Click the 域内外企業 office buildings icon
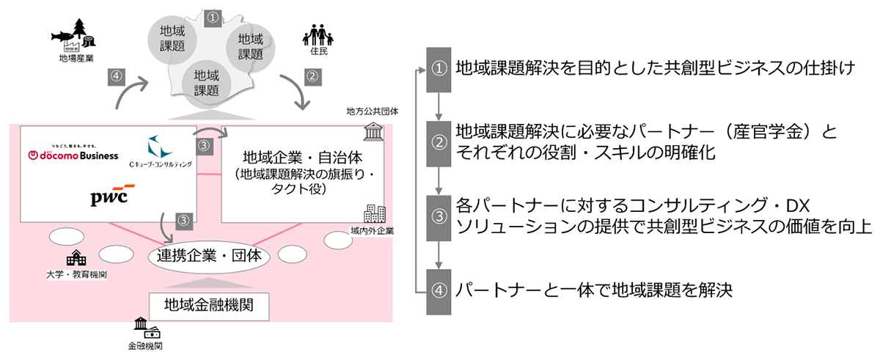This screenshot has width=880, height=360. click(x=373, y=214)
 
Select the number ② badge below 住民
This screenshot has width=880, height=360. click(x=312, y=76)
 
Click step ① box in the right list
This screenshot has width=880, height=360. click(x=439, y=70)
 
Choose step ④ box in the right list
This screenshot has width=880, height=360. click(x=439, y=289)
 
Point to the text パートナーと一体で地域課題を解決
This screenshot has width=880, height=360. click(x=594, y=289)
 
